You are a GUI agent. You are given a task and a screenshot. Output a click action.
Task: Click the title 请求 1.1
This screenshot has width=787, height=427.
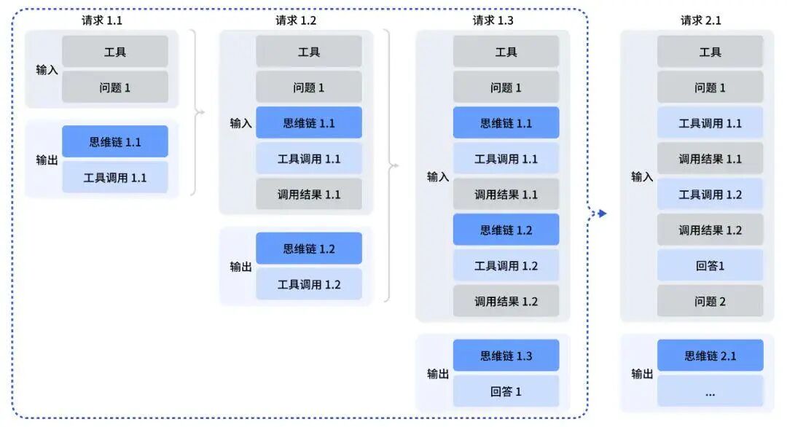click(x=102, y=20)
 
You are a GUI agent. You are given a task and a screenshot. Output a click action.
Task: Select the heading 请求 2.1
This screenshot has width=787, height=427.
click(x=700, y=20)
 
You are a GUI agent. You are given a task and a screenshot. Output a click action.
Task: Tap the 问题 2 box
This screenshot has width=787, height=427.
click(x=710, y=301)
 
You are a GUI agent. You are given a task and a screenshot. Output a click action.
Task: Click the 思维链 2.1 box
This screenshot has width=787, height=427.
click(x=710, y=356)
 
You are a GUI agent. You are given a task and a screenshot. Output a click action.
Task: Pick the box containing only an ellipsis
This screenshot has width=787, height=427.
click(x=710, y=391)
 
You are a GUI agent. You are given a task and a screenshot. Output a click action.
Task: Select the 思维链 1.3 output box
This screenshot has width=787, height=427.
click(x=506, y=356)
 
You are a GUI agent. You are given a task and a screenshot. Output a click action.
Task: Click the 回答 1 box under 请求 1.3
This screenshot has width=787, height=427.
click(x=506, y=391)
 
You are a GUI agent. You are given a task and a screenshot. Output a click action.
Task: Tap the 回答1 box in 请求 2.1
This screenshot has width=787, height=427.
click(x=710, y=266)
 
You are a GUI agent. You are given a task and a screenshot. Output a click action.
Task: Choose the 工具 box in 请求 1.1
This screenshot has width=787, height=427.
click(x=115, y=52)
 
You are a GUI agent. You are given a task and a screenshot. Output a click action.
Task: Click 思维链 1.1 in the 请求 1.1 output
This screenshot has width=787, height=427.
click(x=115, y=142)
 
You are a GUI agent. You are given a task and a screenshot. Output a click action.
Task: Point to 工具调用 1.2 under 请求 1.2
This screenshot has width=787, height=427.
click(x=309, y=284)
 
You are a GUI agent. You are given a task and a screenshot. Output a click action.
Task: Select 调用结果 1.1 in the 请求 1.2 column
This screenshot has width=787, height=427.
click(x=309, y=195)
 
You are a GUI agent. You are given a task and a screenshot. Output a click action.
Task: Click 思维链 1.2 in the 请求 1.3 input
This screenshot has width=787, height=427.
click(x=506, y=230)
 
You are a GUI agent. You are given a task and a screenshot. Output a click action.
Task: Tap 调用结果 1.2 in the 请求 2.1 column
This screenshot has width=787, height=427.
click(x=710, y=230)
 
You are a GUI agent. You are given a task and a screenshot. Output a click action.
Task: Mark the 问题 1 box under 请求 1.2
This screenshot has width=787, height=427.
click(x=309, y=87)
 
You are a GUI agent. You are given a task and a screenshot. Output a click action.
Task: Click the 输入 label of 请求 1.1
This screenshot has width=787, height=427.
click(x=47, y=70)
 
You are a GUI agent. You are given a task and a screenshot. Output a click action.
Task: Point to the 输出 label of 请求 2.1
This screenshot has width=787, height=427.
click(x=642, y=374)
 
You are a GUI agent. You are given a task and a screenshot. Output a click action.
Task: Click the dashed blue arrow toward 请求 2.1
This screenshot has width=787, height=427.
click(x=599, y=213)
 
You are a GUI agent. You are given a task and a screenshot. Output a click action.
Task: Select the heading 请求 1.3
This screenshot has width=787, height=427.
click(x=493, y=20)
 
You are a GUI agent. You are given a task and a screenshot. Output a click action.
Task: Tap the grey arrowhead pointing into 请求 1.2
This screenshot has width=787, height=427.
click(x=201, y=112)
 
